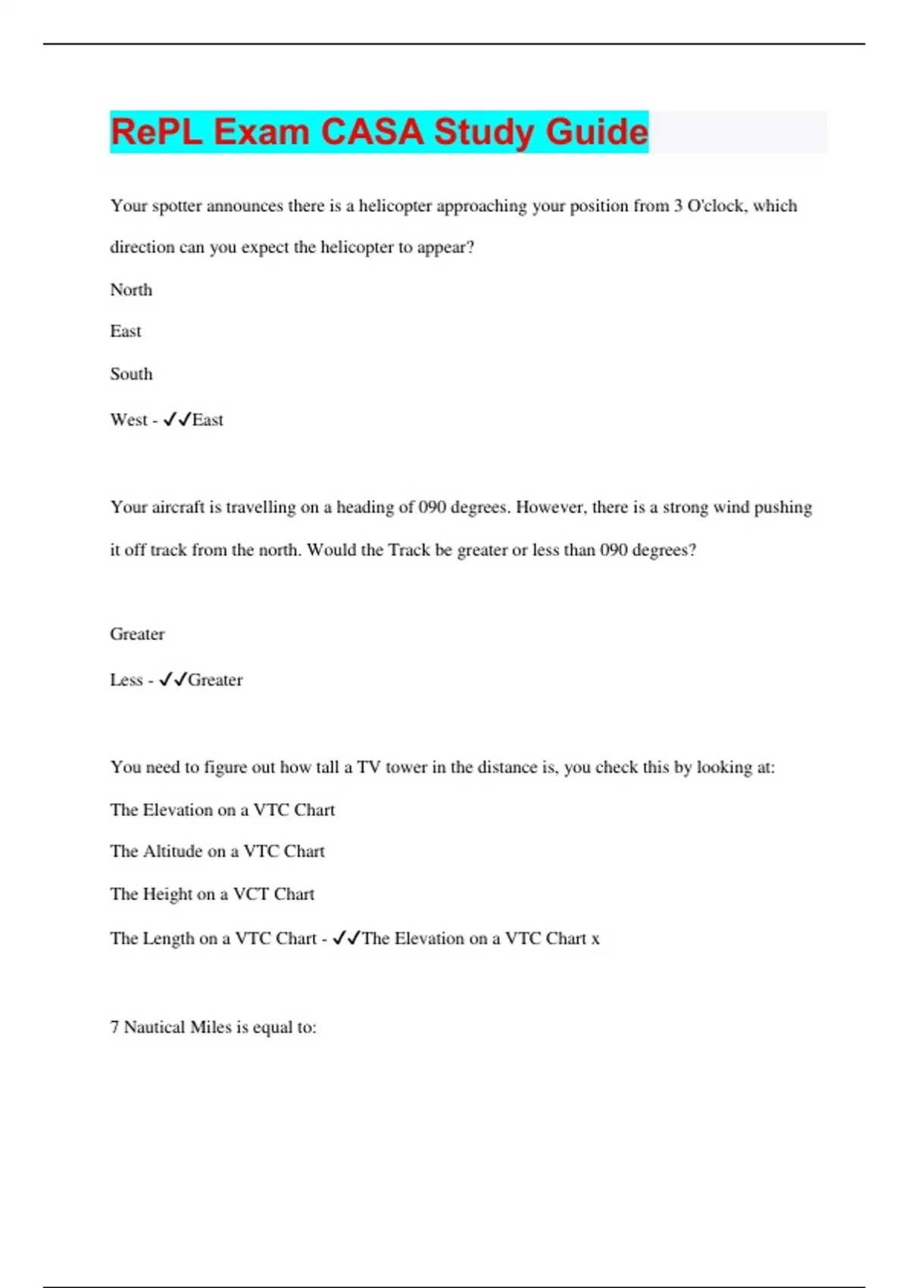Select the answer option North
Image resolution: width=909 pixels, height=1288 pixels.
coord(131,290)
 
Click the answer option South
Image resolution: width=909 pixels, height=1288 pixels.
coord(131,374)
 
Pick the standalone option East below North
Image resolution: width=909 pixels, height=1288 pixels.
coord(126,332)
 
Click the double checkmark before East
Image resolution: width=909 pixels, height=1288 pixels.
coord(177,420)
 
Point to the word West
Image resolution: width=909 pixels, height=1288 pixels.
coord(129,420)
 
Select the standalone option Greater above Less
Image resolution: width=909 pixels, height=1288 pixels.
coord(137,634)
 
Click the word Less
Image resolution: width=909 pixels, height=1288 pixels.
coord(127,680)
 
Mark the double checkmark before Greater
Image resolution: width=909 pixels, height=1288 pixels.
coord(173,680)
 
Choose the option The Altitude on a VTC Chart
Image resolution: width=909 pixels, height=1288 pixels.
coord(217,852)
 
